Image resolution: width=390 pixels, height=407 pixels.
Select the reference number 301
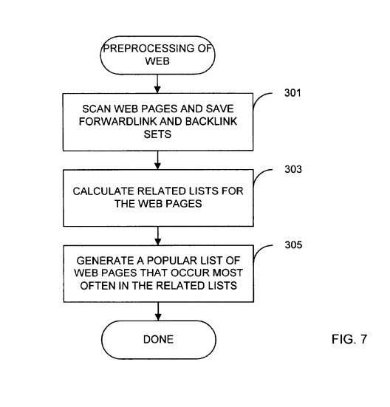click(x=292, y=93)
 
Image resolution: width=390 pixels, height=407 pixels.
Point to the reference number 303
click(x=293, y=169)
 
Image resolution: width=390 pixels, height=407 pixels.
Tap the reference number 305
click(x=293, y=244)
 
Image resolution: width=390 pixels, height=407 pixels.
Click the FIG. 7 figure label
click(x=349, y=339)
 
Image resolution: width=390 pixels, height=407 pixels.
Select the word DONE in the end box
click(x=158, y=339)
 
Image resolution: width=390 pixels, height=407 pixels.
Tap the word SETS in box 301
click(x=157, y=134)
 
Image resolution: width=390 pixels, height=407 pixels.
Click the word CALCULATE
click(x=103, y=191)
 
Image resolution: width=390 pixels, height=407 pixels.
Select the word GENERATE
click(x=105, y=260)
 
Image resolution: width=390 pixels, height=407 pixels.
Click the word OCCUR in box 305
click(x=191, y=273)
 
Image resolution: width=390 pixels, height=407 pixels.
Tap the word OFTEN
click(x=98, y=286)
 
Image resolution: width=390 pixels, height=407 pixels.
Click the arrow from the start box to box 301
click(x=157, y=84)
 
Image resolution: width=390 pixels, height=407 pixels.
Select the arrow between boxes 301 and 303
click(x=157, y=160)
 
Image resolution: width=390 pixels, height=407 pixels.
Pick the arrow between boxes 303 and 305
click(x=158, y=236)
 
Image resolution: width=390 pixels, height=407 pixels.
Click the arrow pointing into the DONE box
click(x=158, y=312)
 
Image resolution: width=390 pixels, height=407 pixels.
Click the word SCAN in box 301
click(x=97, y=109)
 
